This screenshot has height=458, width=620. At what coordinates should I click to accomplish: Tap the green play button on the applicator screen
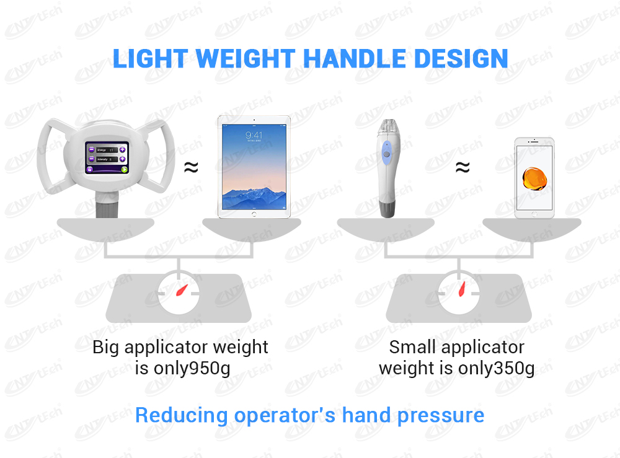[x=124, y=169]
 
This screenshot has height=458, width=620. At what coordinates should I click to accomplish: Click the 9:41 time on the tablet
[x=253, y=135]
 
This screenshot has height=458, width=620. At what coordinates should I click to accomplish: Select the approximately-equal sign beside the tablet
[x=192, y=167]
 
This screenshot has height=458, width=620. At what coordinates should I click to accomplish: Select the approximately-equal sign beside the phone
[x=462, y=167]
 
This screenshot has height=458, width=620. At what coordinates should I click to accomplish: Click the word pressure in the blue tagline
[x=441, y=415]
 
